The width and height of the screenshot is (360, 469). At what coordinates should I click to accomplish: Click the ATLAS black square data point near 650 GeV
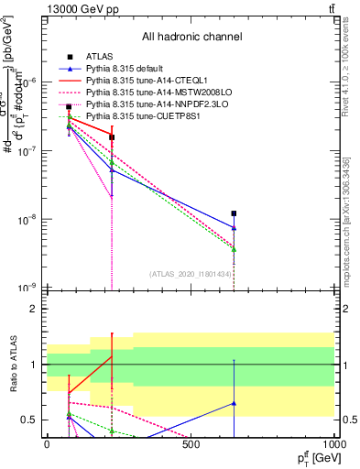point(235,213)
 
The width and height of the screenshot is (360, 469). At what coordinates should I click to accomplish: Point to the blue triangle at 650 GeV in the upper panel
point(235,228)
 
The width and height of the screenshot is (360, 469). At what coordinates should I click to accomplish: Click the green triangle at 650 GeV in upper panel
point(235,249)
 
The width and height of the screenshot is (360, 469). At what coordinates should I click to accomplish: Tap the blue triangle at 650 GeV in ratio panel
point(235,403)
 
